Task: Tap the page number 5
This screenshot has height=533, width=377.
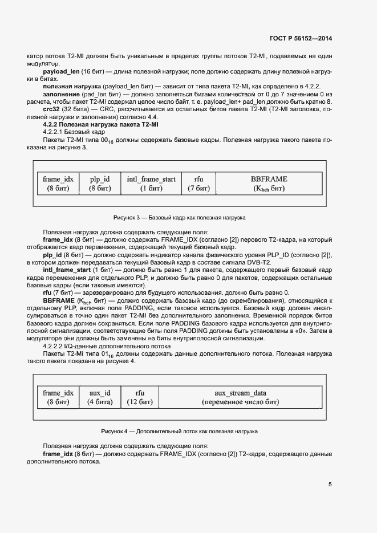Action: pos(330,485)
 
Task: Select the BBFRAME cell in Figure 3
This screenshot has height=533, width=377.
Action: pos(269,184)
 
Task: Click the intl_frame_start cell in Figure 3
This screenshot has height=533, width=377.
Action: pos(151,184)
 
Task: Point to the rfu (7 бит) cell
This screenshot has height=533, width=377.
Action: pos(198,184)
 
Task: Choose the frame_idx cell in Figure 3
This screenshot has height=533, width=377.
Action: pos(58,184)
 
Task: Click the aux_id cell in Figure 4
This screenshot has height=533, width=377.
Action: pos(100,397)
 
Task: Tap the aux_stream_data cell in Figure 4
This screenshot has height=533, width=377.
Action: pos(240,397)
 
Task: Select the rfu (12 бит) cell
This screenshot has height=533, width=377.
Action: pos(139,397)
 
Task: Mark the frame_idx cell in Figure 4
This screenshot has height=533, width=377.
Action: pos(58,397)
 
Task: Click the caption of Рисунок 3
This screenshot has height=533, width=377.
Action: pos(179,218)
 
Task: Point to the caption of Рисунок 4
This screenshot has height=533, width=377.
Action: pos(179,432)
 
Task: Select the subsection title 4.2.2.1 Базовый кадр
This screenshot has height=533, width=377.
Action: pos(73,132)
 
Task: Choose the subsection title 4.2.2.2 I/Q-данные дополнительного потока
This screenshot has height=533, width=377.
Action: pos(107,346)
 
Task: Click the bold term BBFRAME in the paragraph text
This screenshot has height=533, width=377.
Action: pos(59,300)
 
